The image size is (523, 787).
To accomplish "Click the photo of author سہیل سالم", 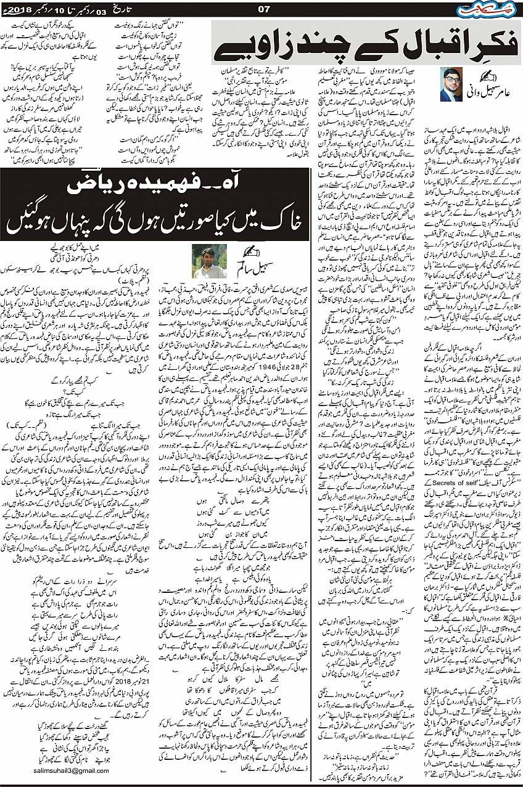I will tap(207, 261).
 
